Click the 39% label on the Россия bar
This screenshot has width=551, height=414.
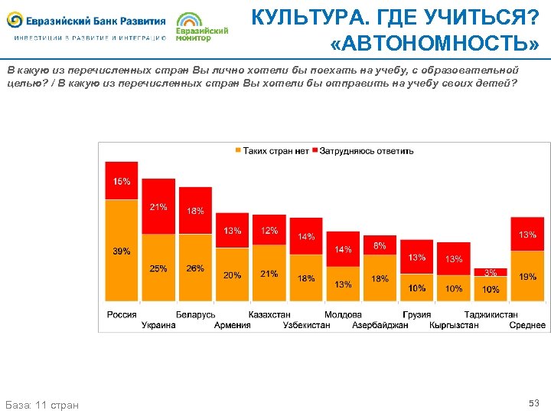pos(122,251)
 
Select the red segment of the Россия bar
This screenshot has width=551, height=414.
pos(122,181)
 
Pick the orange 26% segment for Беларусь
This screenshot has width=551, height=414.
pos(195,268)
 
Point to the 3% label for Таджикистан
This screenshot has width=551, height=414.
pos(491,272)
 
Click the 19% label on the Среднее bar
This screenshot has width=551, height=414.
pos(527,277)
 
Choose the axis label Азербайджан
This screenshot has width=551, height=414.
pos(380,325)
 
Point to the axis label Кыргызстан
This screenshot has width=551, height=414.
pos(454,325)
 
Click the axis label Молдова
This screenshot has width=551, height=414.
pos(343,314)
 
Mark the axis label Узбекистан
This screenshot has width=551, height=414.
pos(306,325)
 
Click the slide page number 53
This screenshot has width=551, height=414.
pos(533,402)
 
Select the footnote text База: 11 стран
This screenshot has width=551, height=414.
pos(42,404)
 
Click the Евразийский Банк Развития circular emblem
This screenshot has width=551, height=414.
pos(15,21)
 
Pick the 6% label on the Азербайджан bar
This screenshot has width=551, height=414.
pos(380,246)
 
